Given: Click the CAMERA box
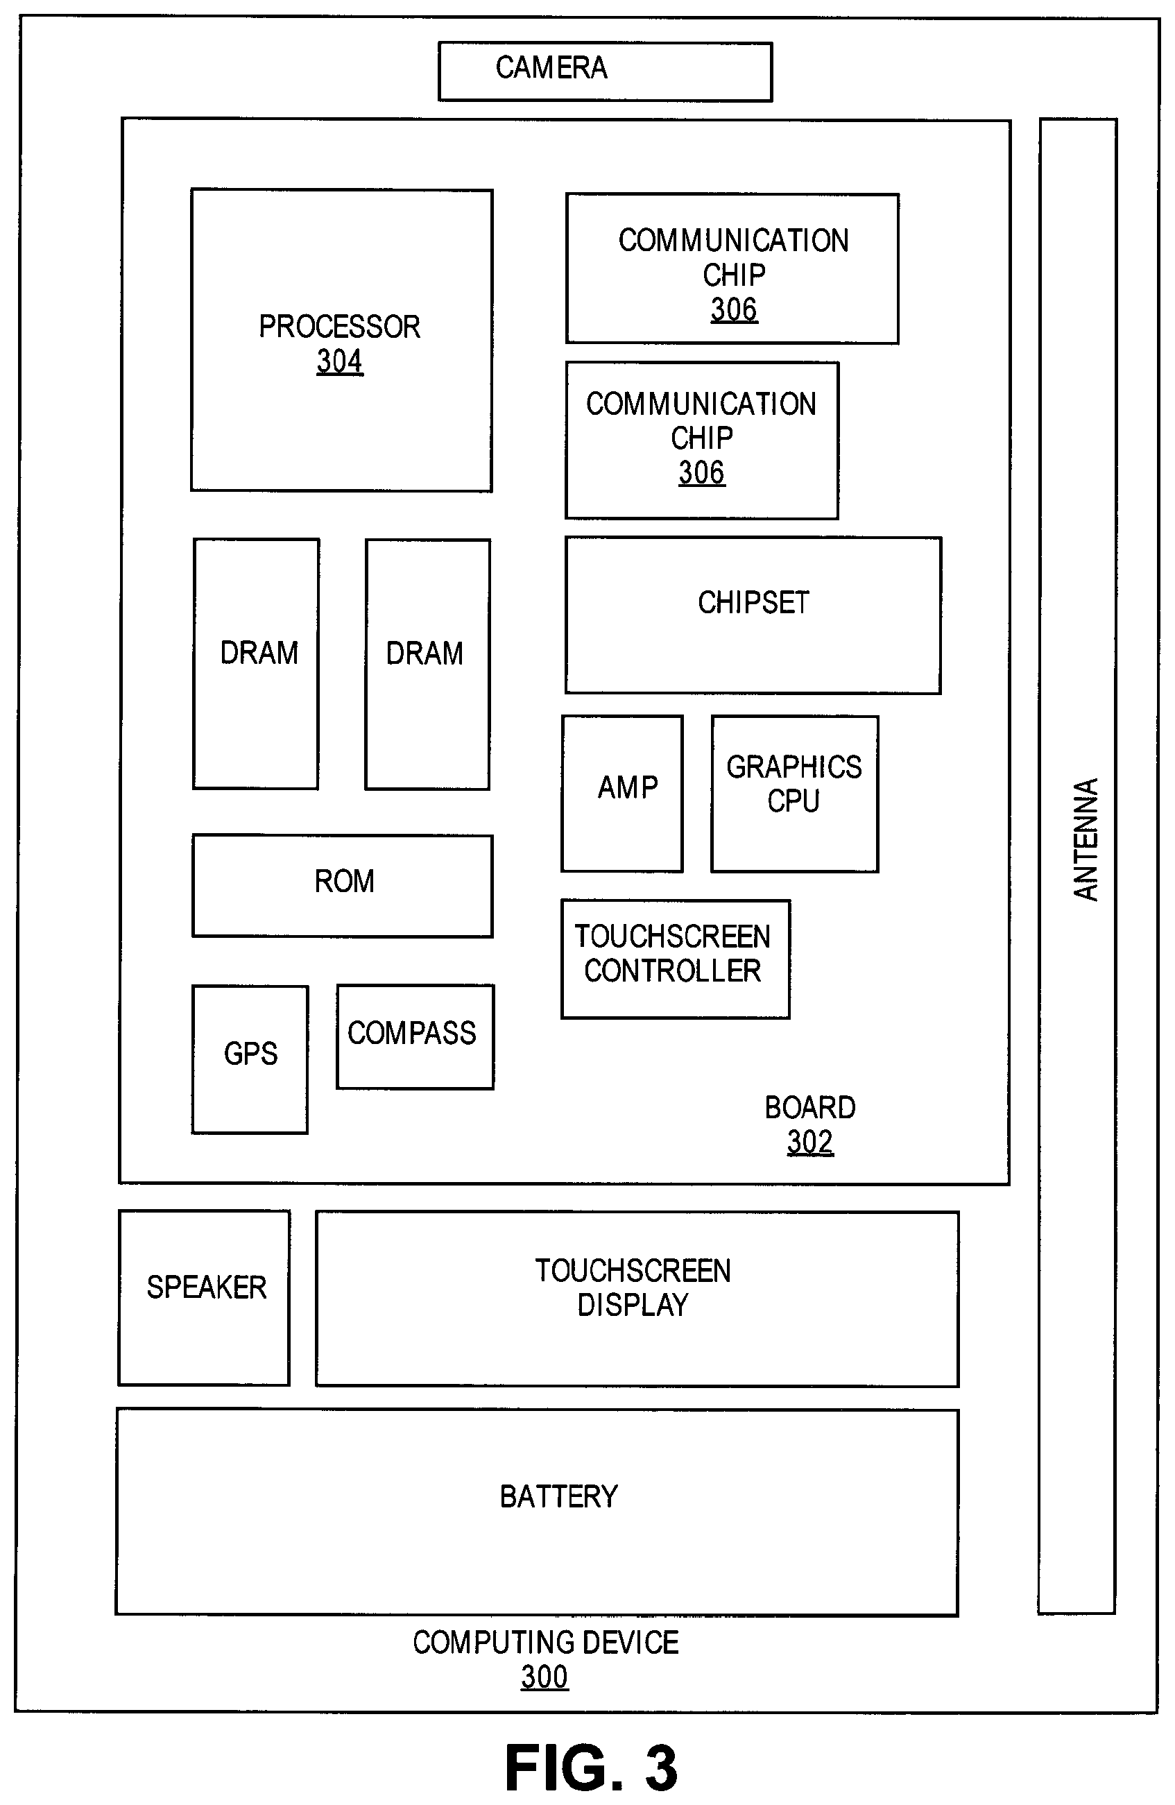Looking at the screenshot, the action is click(605, 71).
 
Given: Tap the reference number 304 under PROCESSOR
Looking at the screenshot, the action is click(340, 361).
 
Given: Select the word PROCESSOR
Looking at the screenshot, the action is click(339, 327).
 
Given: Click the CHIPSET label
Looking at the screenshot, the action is click(753, 603).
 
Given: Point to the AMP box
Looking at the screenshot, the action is click(622, 794).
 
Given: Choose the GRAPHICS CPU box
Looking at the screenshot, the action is click(794, 794).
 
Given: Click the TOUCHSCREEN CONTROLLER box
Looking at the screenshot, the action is click(675, 959).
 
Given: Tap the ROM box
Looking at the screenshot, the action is click(342, 886).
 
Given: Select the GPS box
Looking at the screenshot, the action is click(250, 1059).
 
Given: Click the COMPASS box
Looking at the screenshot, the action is click(415, 1037).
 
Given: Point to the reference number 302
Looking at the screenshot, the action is click(810, 1142).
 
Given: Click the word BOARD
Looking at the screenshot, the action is click(810, 1108).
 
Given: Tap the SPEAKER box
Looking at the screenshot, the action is click(204, 1298).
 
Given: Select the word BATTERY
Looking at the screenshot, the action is click(559, 1497).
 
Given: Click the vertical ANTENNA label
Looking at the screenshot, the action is click(1086, 839).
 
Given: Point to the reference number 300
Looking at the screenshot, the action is click(544, 1677).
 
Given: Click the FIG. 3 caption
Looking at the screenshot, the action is click(591, 1768).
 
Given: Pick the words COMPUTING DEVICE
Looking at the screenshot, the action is click(545, 1643).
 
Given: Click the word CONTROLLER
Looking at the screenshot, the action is click(673, 970).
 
